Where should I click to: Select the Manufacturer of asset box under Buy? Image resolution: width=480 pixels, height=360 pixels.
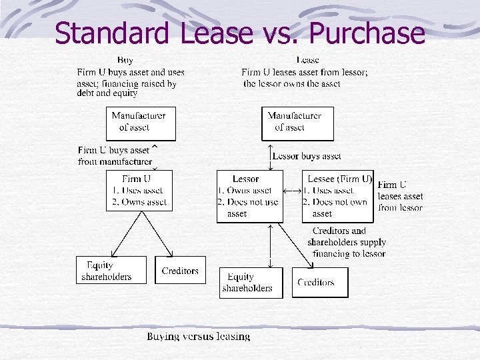pyautogui.click(x=141, y=123)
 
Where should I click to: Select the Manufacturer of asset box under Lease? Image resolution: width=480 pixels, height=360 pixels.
pyautogui.click(x=297, y=123)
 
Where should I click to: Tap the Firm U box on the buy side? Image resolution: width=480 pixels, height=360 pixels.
pyautogui.click(x=139, y=191)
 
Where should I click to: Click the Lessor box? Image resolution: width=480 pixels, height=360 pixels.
pyautogui.click(x=250, y=196)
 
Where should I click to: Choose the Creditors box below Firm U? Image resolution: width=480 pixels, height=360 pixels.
pyautogui.click(x=180, y=270)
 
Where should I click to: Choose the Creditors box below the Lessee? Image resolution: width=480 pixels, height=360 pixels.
pyautogui.click(x=320, y=282)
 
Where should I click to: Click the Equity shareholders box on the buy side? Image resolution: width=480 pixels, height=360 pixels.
pyautogui.click(x=111, y=270)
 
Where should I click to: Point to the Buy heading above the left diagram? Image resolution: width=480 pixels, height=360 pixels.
pyautogui.click(x=125, y=60)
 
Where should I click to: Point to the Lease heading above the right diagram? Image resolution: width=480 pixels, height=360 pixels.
pyautogui.click(x=308, y=60)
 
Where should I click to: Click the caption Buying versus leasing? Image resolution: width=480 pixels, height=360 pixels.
pyautogui.click(x=199, y=337)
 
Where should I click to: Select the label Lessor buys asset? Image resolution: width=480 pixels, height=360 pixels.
pyautogui.click(x=307, y=156)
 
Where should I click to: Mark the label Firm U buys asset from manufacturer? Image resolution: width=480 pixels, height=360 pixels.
pyautogui.click(x=114, y=156)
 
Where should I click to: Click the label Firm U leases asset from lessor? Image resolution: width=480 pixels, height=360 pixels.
pyautogui.click(x=400, y=196)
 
